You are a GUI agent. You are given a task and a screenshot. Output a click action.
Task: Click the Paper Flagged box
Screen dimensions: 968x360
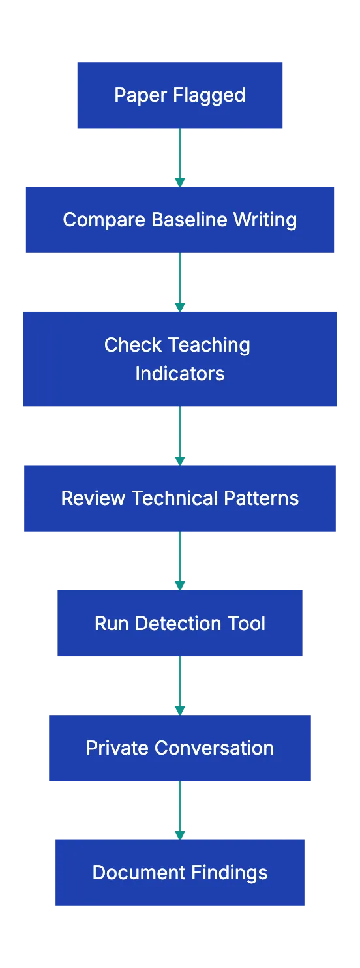(x=179, y=95)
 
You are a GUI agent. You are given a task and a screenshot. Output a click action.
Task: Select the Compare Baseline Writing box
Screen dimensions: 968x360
(x=179, y=219)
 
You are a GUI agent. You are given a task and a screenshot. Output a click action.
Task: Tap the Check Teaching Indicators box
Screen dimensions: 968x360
(x=179, y=358)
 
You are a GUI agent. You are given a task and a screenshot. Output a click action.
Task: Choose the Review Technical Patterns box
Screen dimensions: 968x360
(x=179, y=498)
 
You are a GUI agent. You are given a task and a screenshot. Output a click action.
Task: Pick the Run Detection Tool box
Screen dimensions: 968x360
(x=179, y=624)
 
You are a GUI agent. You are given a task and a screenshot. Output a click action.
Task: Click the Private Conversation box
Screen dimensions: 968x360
(x=179, y=748)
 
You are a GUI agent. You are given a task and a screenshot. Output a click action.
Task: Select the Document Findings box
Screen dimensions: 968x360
(x=179, y=873)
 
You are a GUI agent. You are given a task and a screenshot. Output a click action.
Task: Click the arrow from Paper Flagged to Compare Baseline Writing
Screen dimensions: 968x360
(x=179, y=157)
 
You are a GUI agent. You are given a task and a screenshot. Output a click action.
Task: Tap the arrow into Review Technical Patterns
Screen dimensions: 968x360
(x=179, y=436)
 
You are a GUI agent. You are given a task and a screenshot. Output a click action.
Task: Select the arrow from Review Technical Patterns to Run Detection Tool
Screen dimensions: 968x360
(x=179, y=560)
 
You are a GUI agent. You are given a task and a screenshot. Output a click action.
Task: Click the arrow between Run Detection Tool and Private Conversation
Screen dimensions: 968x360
(x=179, y=686)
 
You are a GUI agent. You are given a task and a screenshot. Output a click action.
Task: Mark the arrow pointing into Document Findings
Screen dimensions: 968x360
(x=179, y=809)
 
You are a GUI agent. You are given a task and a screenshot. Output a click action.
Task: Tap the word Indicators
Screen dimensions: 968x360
(x=179, y=374)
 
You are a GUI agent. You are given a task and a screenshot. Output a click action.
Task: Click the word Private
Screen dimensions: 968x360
(x=117, y=748)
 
